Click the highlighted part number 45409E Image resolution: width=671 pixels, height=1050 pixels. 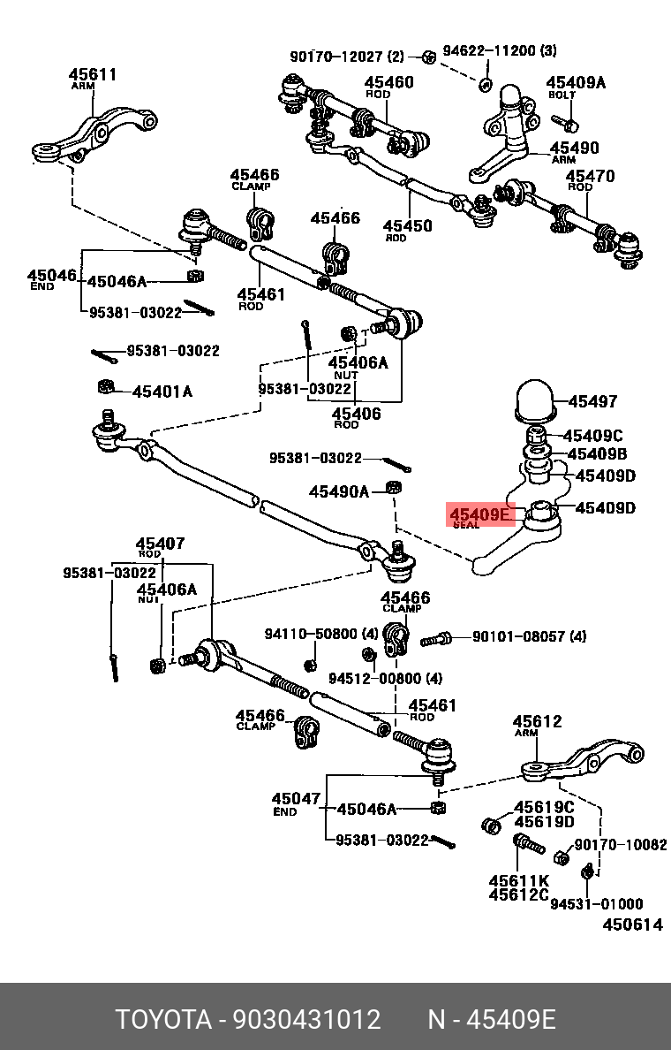(x=480, y=514)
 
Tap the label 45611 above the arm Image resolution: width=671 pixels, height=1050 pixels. (x=93, y=75)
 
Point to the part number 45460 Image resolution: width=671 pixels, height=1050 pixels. (x=389, y=83)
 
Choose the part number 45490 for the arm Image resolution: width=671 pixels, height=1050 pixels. (x=574, y=148)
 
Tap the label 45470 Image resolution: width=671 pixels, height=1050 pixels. (x=591, y=176)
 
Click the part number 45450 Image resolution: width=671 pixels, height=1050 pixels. (x=407, y=225)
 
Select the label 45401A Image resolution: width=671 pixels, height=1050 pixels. (x=162, y=391)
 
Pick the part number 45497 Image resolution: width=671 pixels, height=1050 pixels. (x=592, y=401)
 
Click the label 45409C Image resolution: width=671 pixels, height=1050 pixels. (x=592, y=435)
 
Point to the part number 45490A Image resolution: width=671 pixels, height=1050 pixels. (x=339, y=491)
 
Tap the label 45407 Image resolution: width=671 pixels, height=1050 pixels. (x=160, y=544)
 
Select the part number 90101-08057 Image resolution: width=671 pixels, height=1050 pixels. (x=516, y=635)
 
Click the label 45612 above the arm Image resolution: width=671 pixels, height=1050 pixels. (x=538, y=721)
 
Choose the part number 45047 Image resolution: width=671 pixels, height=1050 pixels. (x=296, y=799)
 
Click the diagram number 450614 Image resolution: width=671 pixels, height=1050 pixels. (x=632, y=924)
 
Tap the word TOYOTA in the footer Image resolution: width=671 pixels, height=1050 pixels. (x=163, y=1019)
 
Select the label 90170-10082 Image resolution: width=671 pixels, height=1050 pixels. (x=621, y=845)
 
